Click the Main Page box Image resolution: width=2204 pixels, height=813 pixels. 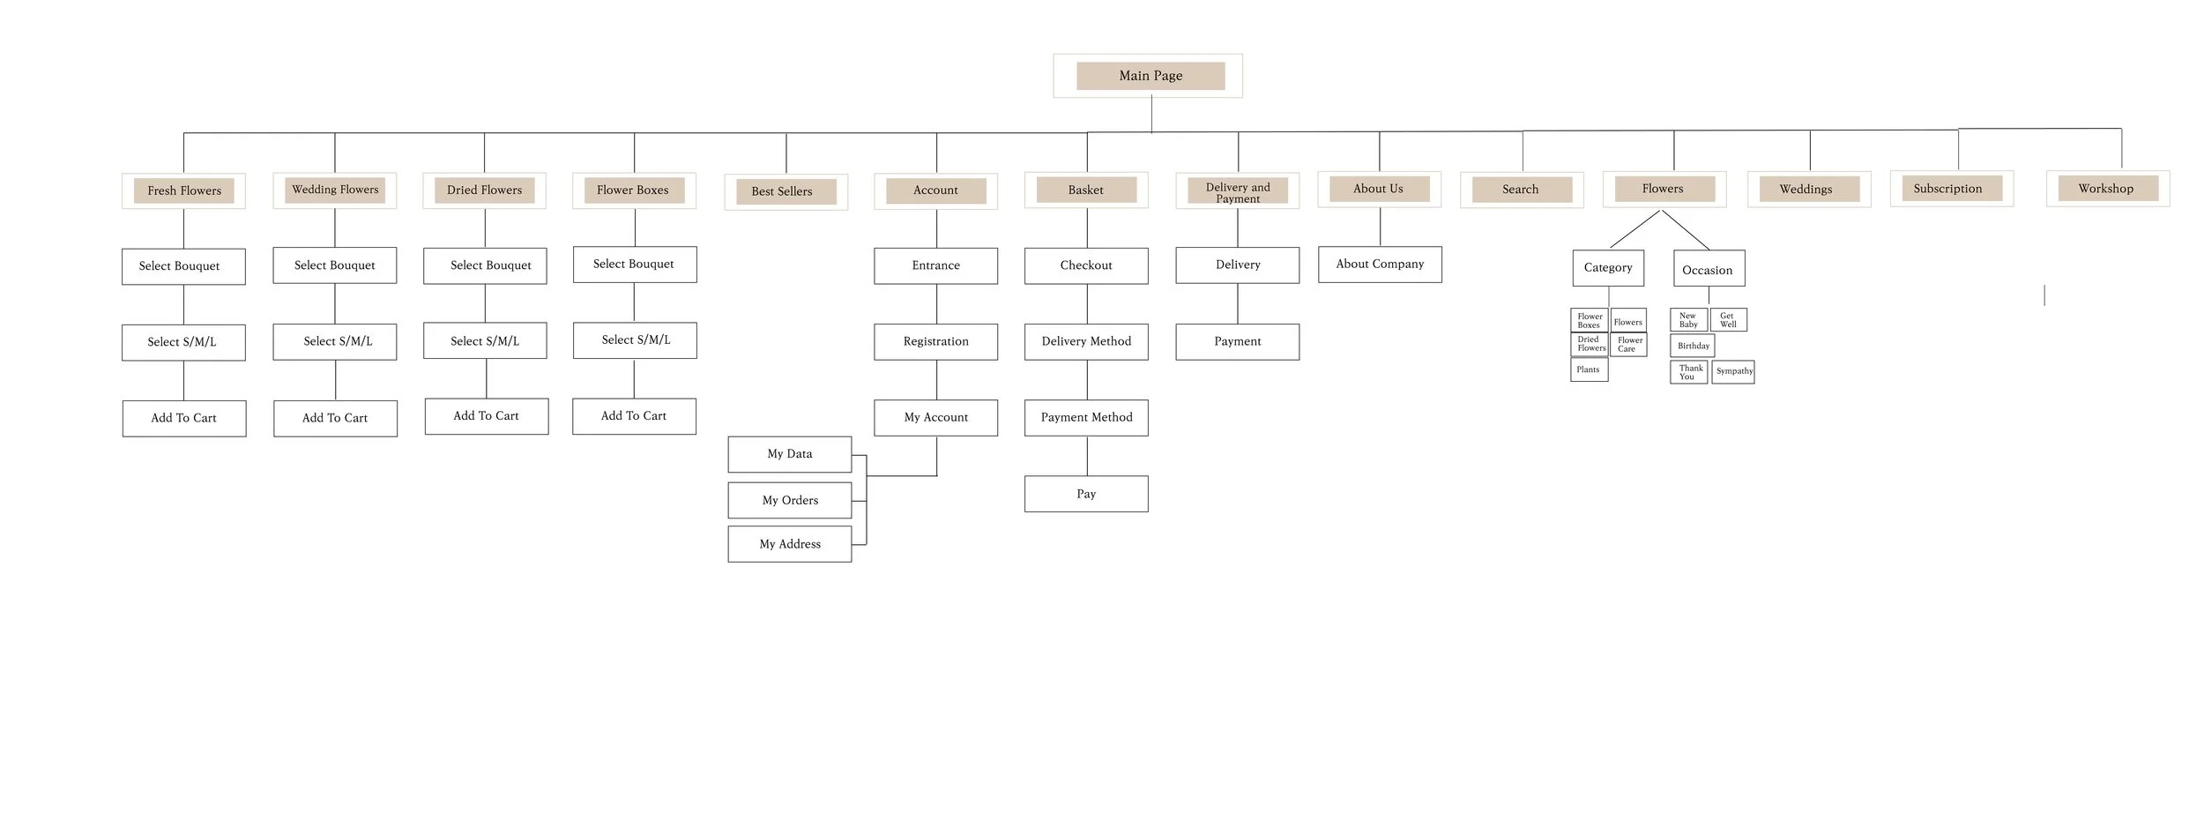1150,76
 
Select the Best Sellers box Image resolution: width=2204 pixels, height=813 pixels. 786,191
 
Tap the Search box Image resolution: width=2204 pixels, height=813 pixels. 1521,190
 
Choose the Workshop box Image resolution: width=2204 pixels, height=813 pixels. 2107,189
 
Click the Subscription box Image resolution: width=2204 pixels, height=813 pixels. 1951,189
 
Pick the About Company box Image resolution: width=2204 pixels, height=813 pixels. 1380,265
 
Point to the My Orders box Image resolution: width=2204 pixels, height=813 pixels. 789,500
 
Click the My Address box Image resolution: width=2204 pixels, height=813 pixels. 789,544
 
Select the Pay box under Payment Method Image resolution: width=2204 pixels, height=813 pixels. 1086,494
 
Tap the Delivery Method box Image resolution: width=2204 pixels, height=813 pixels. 1086,341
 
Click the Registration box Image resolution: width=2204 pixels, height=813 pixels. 935,341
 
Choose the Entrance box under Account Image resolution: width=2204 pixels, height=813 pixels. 935,265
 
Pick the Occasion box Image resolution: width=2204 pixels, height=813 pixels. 1709,270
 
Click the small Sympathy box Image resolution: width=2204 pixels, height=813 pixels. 1733,371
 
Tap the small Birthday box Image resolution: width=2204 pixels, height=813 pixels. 1693,346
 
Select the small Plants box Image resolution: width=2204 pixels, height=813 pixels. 1589,369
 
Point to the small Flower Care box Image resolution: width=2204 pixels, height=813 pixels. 1629,345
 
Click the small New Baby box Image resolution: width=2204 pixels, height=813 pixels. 1688,319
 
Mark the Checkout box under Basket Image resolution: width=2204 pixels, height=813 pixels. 1086,265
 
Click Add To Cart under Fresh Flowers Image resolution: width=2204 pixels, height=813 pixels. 183,418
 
